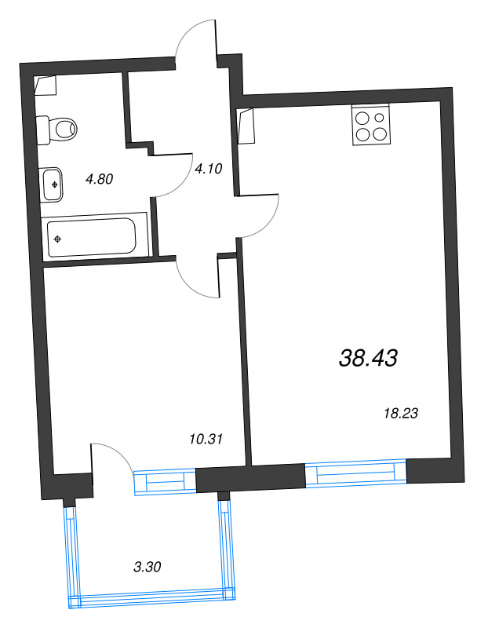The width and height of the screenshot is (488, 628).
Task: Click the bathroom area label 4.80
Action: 100,179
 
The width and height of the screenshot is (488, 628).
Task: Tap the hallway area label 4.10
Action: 209,167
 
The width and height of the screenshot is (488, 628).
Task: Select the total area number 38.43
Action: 369,359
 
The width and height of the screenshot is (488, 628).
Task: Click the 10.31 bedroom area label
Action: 207,439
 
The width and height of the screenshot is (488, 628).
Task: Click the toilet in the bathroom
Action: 59,126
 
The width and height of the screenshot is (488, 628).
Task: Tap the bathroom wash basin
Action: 53,184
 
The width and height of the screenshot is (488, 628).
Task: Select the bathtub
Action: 91,236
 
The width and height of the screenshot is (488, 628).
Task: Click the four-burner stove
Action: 370,125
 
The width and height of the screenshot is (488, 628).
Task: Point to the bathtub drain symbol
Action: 58,237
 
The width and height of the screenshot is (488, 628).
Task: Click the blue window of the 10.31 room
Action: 165,481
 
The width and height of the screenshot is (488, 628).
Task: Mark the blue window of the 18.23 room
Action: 355,474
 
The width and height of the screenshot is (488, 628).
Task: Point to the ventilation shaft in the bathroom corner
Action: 46,86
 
